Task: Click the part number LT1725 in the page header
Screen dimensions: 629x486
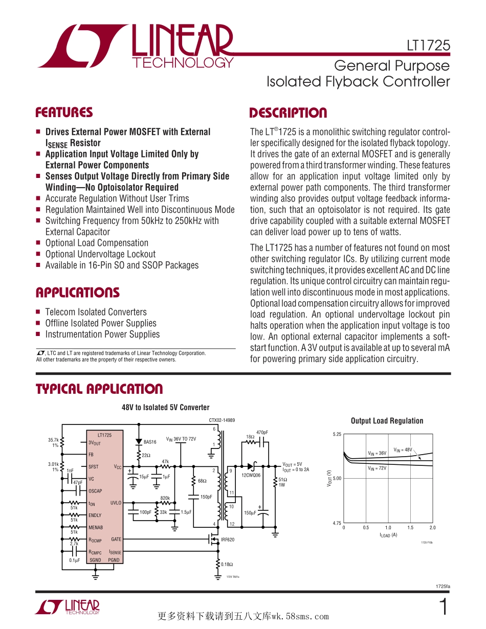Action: click(429, 46)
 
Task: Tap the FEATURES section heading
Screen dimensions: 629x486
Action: click(64, 113)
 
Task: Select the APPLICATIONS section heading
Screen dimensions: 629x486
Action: click(77, 293)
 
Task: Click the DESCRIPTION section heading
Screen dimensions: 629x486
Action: click(288, 113)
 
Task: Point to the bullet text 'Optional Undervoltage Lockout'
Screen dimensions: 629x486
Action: click(100, 254)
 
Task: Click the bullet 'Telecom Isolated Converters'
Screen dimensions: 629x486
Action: click(96, 312)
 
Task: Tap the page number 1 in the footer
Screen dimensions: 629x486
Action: click(444, 607)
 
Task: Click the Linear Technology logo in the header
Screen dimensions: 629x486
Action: click(136, 46)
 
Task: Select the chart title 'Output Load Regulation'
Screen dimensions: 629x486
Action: click(387, 421)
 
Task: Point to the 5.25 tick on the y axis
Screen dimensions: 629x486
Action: click(337, 434)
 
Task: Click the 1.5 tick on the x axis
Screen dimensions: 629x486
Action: click(410, 528)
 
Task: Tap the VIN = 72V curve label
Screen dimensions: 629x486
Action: click(377, 468)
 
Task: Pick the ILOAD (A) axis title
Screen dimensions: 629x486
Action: click(388, 535)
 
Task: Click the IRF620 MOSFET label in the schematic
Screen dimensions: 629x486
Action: click(227, 540)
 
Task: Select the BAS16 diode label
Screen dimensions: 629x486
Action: click(150, 442)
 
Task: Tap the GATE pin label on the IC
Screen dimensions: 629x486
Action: click(116, 540)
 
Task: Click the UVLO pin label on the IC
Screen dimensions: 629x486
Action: click(116, 503)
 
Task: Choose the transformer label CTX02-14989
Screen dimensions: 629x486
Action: click(222, 420)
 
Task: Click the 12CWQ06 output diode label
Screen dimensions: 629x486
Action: click(251, 475)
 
